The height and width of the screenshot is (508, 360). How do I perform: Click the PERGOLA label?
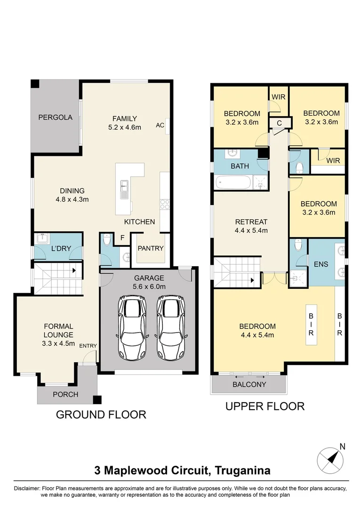(56, 118)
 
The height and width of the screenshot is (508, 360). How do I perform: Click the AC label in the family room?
(160, 125)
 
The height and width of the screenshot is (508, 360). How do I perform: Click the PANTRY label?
(151, 248)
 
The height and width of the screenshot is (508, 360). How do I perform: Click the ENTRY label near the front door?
(88, 346)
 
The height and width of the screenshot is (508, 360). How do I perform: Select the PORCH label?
(65, 394)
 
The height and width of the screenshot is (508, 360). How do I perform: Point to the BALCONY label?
(249, 384)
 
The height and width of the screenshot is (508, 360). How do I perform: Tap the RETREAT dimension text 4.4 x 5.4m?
(251, 230)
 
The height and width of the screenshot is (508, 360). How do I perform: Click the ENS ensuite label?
(321, 264)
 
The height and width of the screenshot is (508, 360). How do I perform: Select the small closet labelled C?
(279, 123)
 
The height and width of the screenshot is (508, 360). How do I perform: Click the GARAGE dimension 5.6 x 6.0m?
(149, 286)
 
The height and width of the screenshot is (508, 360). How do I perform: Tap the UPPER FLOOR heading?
(265, 406)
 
